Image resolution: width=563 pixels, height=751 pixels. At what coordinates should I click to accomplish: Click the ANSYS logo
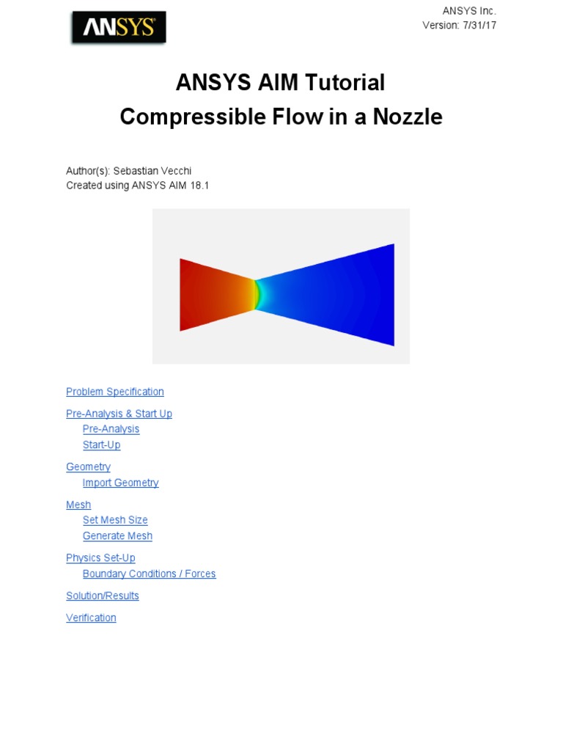coord(119,27)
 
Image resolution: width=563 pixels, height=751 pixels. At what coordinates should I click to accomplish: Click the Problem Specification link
coord(115,392)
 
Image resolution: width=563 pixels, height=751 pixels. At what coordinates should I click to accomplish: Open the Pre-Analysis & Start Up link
coord(119,414)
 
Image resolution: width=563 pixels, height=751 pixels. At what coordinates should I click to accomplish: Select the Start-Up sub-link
coord(101,445)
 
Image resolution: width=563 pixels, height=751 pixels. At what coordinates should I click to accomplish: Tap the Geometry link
coord(88,467)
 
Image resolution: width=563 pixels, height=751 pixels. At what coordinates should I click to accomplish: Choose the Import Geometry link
coord(121,483)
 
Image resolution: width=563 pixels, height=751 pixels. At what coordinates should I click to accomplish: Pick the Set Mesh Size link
coord(115,520)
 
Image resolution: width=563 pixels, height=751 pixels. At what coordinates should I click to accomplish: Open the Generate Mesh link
coord(117,536)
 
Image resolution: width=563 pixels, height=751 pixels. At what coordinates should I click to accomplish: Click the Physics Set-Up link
coord(100,558)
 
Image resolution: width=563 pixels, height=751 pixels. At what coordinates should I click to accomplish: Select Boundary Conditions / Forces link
coord(150,574)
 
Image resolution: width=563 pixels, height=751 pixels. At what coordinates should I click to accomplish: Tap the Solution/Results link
coord(103,596)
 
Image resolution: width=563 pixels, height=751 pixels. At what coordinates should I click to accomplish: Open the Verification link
coord(91,618)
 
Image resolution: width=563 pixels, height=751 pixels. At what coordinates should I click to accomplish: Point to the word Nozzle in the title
coord(408,117)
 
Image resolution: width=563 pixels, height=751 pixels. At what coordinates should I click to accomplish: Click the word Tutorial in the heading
coord(345,82)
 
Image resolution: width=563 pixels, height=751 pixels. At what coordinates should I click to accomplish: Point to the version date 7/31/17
coord(479,26)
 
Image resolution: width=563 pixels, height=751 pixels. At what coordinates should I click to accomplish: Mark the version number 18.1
coord(199,186)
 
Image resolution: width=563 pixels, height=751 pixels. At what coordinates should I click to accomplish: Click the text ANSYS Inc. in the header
coord(469,11)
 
